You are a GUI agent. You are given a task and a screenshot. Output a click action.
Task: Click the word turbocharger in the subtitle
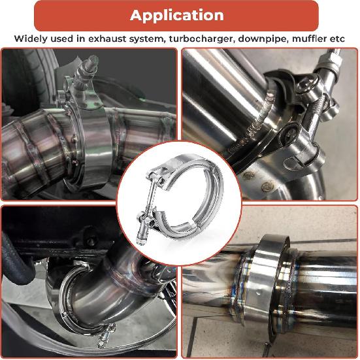[197, 39]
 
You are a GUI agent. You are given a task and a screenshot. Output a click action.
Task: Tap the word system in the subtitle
[143, 39]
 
